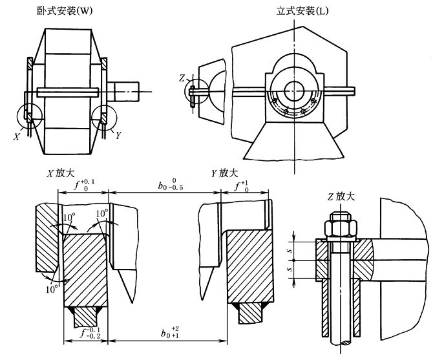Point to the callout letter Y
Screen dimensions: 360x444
pyautogui.click(x=118, y=136)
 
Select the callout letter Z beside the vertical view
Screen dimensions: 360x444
pyautogui.click(x=183, y=78)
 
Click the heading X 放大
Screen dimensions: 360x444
pyautogui.click(x=63, y=174)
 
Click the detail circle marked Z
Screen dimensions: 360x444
pyautogui.click(x=198, y=90)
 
